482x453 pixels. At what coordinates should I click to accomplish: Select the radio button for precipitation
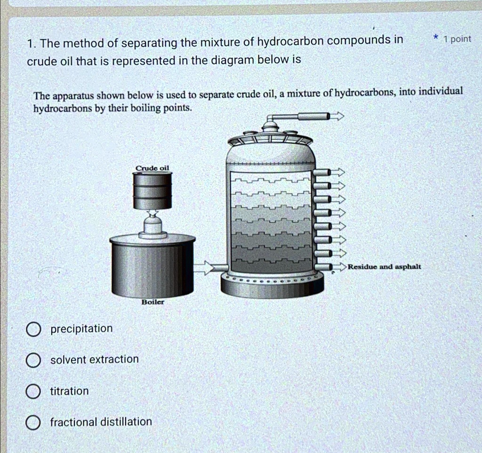(32, 329)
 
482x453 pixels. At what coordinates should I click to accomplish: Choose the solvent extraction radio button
(32, 360)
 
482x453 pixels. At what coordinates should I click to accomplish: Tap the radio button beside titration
(32, 392)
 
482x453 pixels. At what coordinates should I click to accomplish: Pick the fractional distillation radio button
(32, 423)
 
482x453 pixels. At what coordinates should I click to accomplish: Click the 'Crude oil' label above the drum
(152, 168)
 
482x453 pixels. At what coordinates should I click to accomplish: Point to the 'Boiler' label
(153, 302)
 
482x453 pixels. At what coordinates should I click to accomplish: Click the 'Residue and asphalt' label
(385, 267)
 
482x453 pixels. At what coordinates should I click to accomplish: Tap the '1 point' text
(458, 39)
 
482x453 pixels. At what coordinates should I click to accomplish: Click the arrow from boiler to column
(204, 268)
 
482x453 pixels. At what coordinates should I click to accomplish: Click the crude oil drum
(152, 190)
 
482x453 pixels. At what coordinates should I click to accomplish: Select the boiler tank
(153, 266)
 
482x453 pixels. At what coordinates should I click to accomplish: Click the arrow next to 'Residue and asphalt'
(340, 267)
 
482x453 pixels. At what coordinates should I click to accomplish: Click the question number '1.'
(31, 44)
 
